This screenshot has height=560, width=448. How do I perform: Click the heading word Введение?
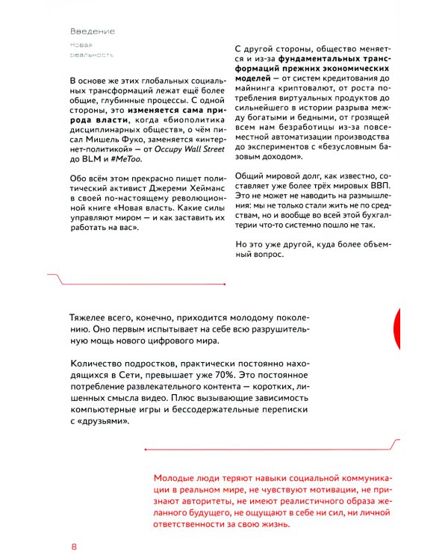[92, 32]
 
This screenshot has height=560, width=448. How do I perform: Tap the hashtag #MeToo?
[125, 169]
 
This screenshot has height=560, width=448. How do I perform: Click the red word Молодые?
[175, 477]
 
